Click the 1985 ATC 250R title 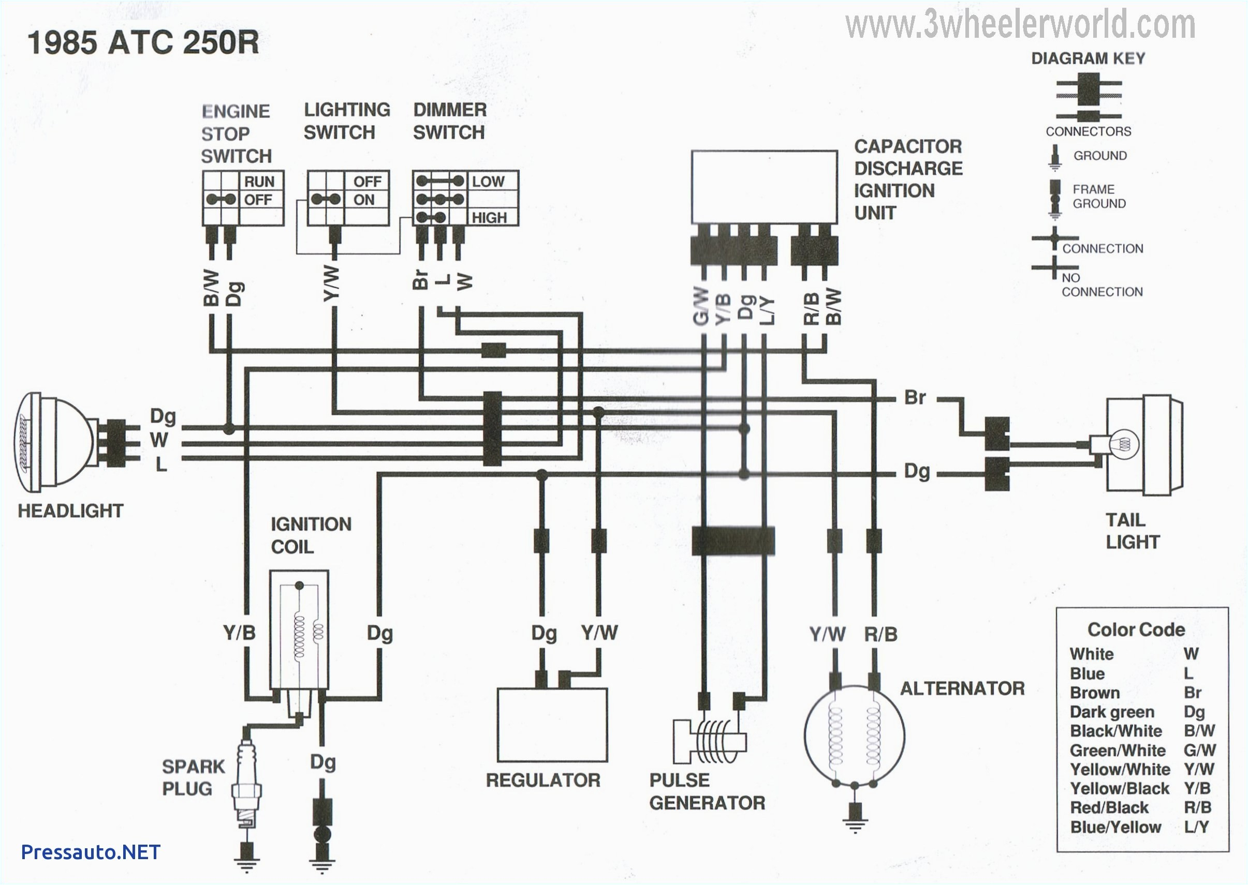tap(143, 42)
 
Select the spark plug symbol tap(246, 785)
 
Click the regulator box tap(552, 725)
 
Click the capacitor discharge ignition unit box tap(764, 187)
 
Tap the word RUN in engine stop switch tap(259, 182)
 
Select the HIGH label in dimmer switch tap(489, 218)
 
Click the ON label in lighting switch tap(364, 200)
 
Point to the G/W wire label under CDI tap(702, 306)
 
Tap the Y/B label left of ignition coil tap(239, 633)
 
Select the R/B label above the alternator tap(880, 634)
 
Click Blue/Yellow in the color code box tap(1115, 827)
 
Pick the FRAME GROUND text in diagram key tap(1098, 196)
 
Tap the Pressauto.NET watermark tap(91, 852)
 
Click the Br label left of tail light tap(914, 397)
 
